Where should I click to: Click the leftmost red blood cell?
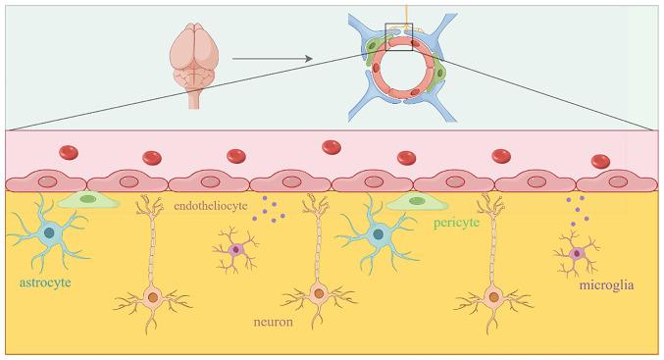tap(69, 152)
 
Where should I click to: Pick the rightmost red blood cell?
tap(600, 161)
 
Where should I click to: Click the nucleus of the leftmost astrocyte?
tap(48, 233)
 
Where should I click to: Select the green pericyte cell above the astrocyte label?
tap(87, 200)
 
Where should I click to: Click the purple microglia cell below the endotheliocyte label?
tap(236, 250)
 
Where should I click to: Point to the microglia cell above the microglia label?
tap(577, 254)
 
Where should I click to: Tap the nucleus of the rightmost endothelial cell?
tap(618, 180)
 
